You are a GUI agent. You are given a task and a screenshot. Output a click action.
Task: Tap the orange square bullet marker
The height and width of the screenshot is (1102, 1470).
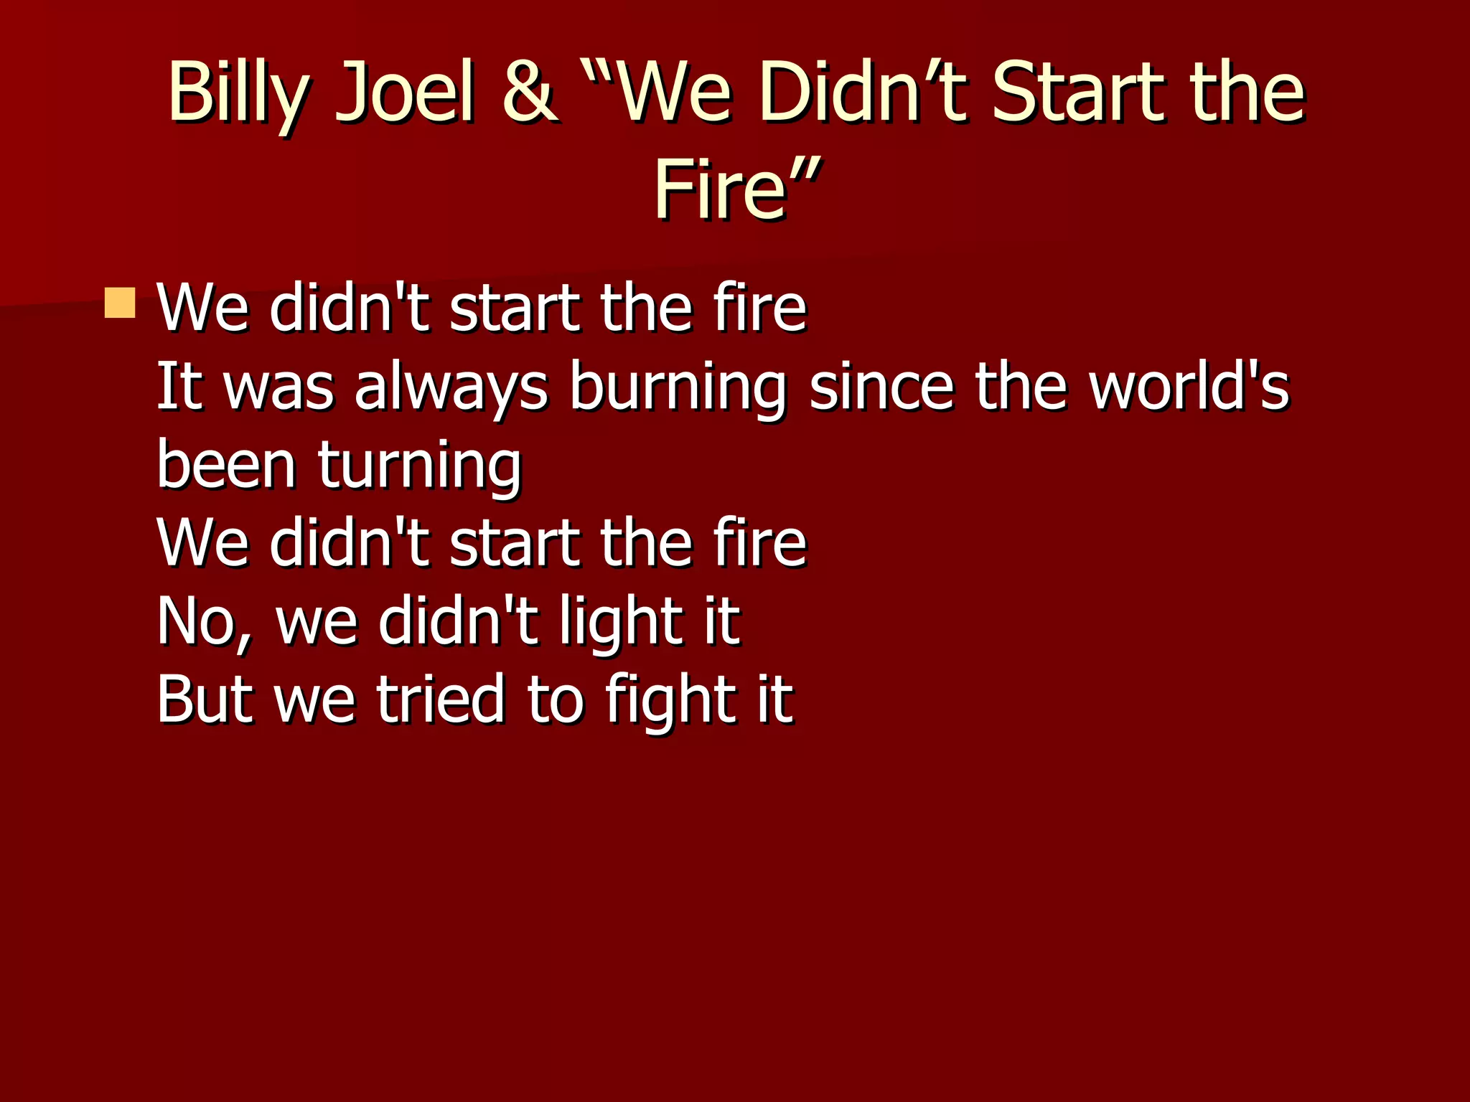[119, 303]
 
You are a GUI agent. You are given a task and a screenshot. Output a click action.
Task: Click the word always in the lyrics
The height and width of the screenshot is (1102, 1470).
[451, 388]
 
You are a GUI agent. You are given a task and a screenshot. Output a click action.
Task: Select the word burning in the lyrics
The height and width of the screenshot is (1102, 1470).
[678, 388]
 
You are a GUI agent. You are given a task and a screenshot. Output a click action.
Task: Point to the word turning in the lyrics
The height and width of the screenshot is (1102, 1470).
[420, 466]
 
